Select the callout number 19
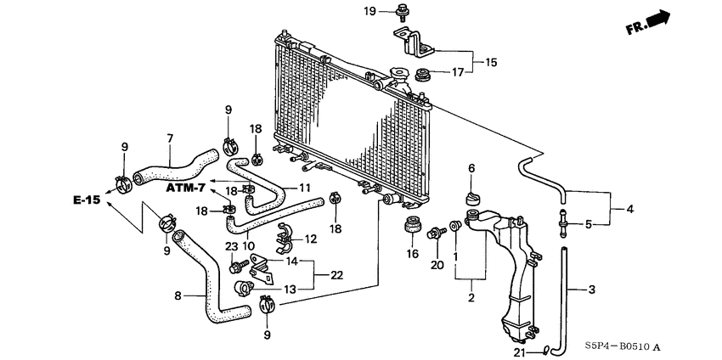coord(369,10)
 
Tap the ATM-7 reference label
coord(186,187)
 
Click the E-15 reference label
coord(86,200)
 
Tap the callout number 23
coord(231,246)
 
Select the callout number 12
coord(311,239)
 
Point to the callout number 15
coord(490,62)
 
